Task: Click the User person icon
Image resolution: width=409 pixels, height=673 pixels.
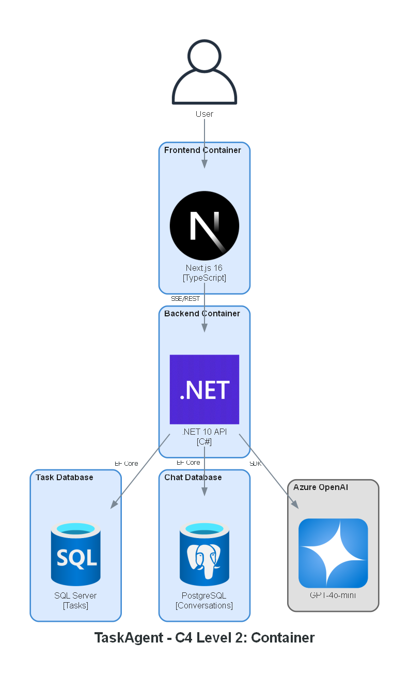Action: coord(204,72)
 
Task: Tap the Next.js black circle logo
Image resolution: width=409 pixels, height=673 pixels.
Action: coord(204,225)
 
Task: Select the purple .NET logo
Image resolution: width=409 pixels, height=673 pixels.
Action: coord(204,389)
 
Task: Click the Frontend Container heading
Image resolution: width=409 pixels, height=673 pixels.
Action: coord(202,150)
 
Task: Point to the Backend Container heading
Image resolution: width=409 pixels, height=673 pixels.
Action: coord(202,314)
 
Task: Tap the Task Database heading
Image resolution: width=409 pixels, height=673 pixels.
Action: coord(65,478)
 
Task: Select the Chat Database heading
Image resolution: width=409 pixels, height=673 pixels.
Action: coord(193,478)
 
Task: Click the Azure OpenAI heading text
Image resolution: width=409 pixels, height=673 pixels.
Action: coord(321,487)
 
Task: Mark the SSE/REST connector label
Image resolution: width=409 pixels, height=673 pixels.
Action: coord(185,299)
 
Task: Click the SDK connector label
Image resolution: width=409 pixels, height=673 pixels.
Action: coord(256,464)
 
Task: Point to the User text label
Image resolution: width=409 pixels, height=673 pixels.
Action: coord(204,114)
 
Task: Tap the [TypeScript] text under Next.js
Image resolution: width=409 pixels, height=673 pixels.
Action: coord(204,278)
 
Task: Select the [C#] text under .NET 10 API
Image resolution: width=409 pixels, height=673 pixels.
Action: coord(204,442)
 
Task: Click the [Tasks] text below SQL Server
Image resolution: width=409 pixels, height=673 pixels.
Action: coord(75,606)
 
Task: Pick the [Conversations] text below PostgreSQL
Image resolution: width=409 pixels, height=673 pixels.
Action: coord(204,606)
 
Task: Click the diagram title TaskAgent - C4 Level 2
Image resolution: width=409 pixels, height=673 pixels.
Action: coord(204,638)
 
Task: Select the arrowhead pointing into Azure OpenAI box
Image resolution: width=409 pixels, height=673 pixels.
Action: coord(295,505)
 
